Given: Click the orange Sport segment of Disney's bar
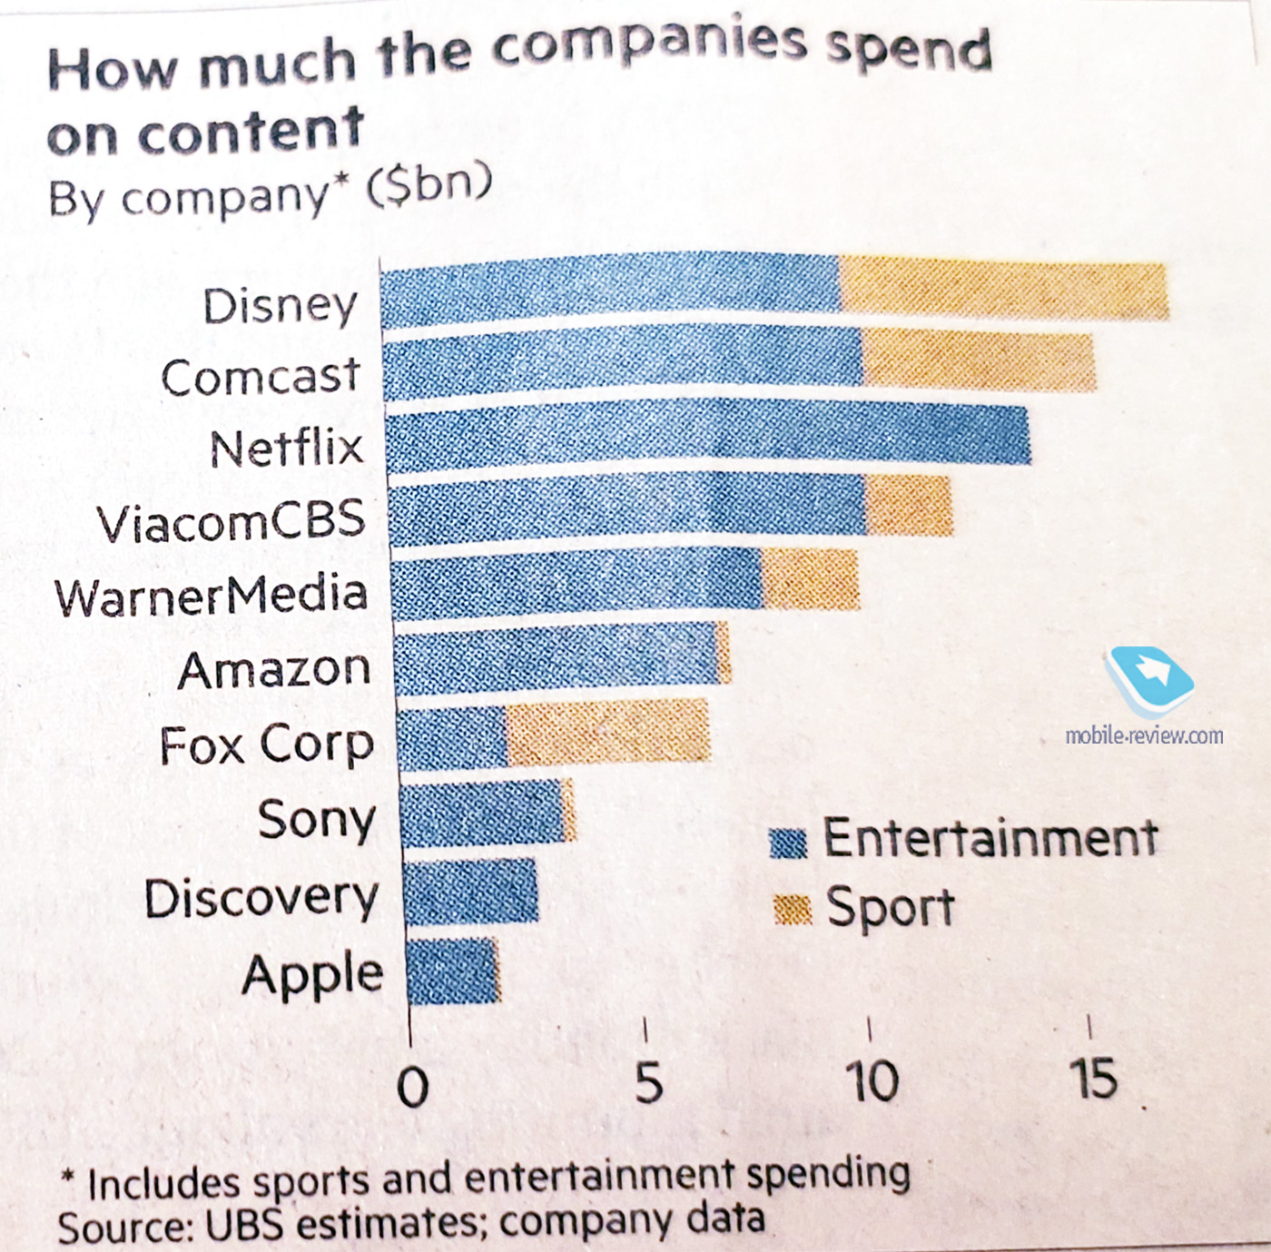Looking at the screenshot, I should click(x=1003, y=289).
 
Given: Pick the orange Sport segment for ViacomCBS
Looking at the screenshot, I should click(x=909, y=506).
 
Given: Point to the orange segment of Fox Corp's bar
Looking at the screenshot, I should click(x=607, y=732).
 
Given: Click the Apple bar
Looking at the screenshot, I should click(x=452, y=972).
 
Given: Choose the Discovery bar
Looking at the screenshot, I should click(x=470, y=892).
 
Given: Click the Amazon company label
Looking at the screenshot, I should click(x=274, y=671).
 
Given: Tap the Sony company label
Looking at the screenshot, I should click(x=316, y=820).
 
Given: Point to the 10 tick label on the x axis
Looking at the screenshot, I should click(x=872, y=1081).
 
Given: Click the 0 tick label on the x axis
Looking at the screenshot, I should click(x=413, y=1087).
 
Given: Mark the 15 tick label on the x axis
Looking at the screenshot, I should click(x=1092, y=1079).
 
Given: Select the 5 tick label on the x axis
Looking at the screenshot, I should click(x=647, y=1083).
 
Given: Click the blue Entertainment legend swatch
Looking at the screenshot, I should click(x=788, y=843).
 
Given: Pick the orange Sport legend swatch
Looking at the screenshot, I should click(x=792, y=909).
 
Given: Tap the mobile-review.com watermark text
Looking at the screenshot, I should click(x=1144, y=734).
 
